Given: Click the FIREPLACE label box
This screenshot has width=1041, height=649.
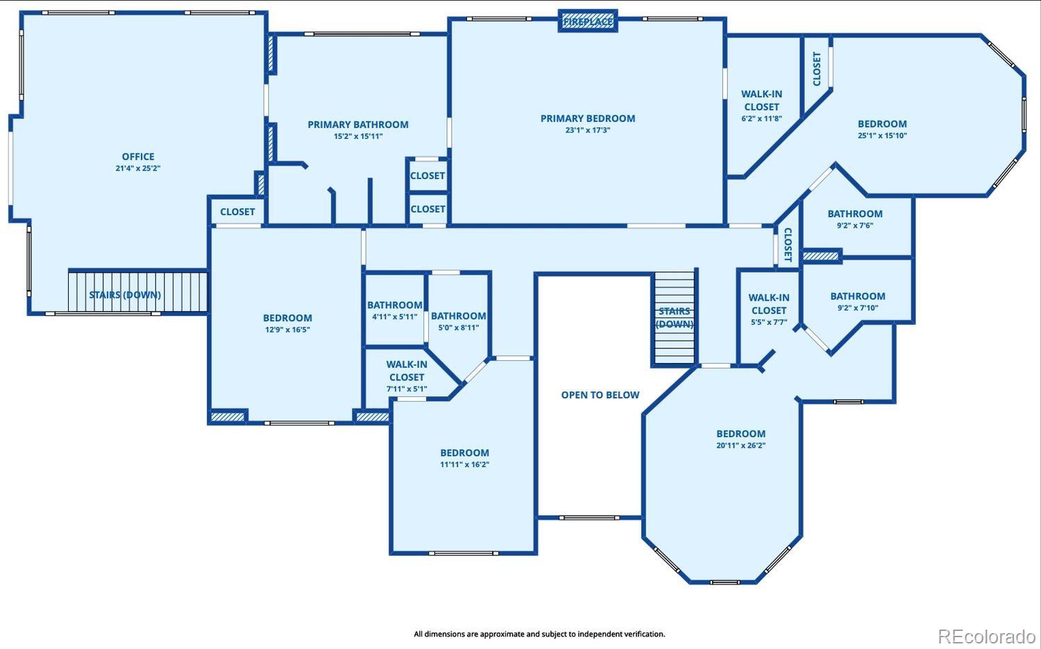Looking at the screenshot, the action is pyautogui.click(x=588, y=21).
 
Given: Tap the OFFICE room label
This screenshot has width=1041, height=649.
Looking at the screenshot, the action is pyautogui.click(x=138, y=157).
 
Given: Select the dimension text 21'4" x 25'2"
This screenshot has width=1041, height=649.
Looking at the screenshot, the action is pyautogui.click(x=138, y=168).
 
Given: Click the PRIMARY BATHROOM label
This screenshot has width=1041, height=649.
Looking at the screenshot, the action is pyautogui.click(x=358, y=124).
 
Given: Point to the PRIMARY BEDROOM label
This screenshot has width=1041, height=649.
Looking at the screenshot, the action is pyautogui.click(x=588, y=119).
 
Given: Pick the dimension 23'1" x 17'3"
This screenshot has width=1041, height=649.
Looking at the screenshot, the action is pyautogui.click(x=588, y=130).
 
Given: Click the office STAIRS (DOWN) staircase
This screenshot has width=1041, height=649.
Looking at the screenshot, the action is pyautogui.click(x=137, y=292).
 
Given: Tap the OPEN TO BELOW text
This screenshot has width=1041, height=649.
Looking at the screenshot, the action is pyautogui.click(x=600, y=395).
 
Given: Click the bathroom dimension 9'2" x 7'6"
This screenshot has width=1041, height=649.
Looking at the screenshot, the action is pyautogui.click(x=855, y=226).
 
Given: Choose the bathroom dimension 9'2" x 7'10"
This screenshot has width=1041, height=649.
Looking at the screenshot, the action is pyautogui.click(x=858, y=307).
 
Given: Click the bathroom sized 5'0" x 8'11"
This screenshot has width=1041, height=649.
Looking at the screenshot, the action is pyautogui.click(x=458, y=321).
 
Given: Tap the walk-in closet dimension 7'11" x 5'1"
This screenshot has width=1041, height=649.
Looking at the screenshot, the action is pyautogui.click(x=407, y=389).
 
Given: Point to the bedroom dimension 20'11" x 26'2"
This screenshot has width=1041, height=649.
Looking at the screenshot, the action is pyautogui.click(x=740, y=446).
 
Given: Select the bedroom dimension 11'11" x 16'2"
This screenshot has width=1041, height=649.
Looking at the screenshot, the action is pyautogui.click(x=465, y=464).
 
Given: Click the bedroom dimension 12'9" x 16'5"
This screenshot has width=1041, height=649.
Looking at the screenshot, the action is pyautogui.click(x=287, y=330).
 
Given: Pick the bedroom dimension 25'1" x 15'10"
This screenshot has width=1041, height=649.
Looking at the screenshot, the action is pyautogui.click(x=882, y=136).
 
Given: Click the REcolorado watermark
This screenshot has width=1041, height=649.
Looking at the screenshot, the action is pyautogui.click(x=987, y=636).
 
